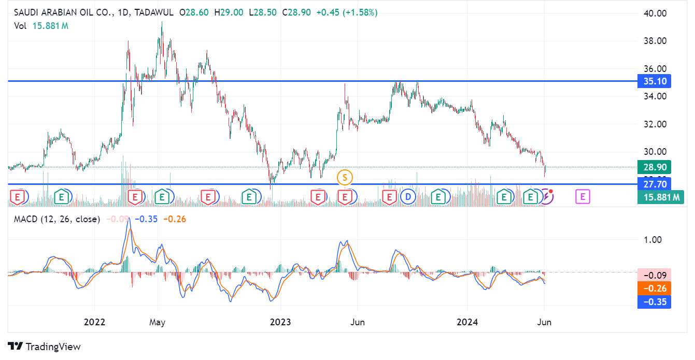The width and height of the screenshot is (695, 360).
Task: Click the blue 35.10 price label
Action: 654,81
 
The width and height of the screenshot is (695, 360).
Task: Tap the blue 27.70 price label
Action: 654,184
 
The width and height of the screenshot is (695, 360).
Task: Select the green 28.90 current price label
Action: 654,167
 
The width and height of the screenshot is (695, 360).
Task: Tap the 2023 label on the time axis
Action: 280,322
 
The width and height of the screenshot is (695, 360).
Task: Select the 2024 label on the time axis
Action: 467,322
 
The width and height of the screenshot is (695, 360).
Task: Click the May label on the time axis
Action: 157,322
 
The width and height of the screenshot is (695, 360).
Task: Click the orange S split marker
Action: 345,178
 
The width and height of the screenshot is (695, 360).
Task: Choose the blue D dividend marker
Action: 408,197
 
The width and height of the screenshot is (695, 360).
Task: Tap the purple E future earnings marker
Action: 583,197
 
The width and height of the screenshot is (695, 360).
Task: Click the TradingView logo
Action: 45,347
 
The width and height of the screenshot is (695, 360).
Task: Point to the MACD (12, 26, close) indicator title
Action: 56,219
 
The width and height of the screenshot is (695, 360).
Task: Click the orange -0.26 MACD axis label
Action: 654,289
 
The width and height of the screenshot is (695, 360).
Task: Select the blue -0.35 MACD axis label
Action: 654,302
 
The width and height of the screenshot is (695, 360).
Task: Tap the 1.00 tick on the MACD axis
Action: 653,240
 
